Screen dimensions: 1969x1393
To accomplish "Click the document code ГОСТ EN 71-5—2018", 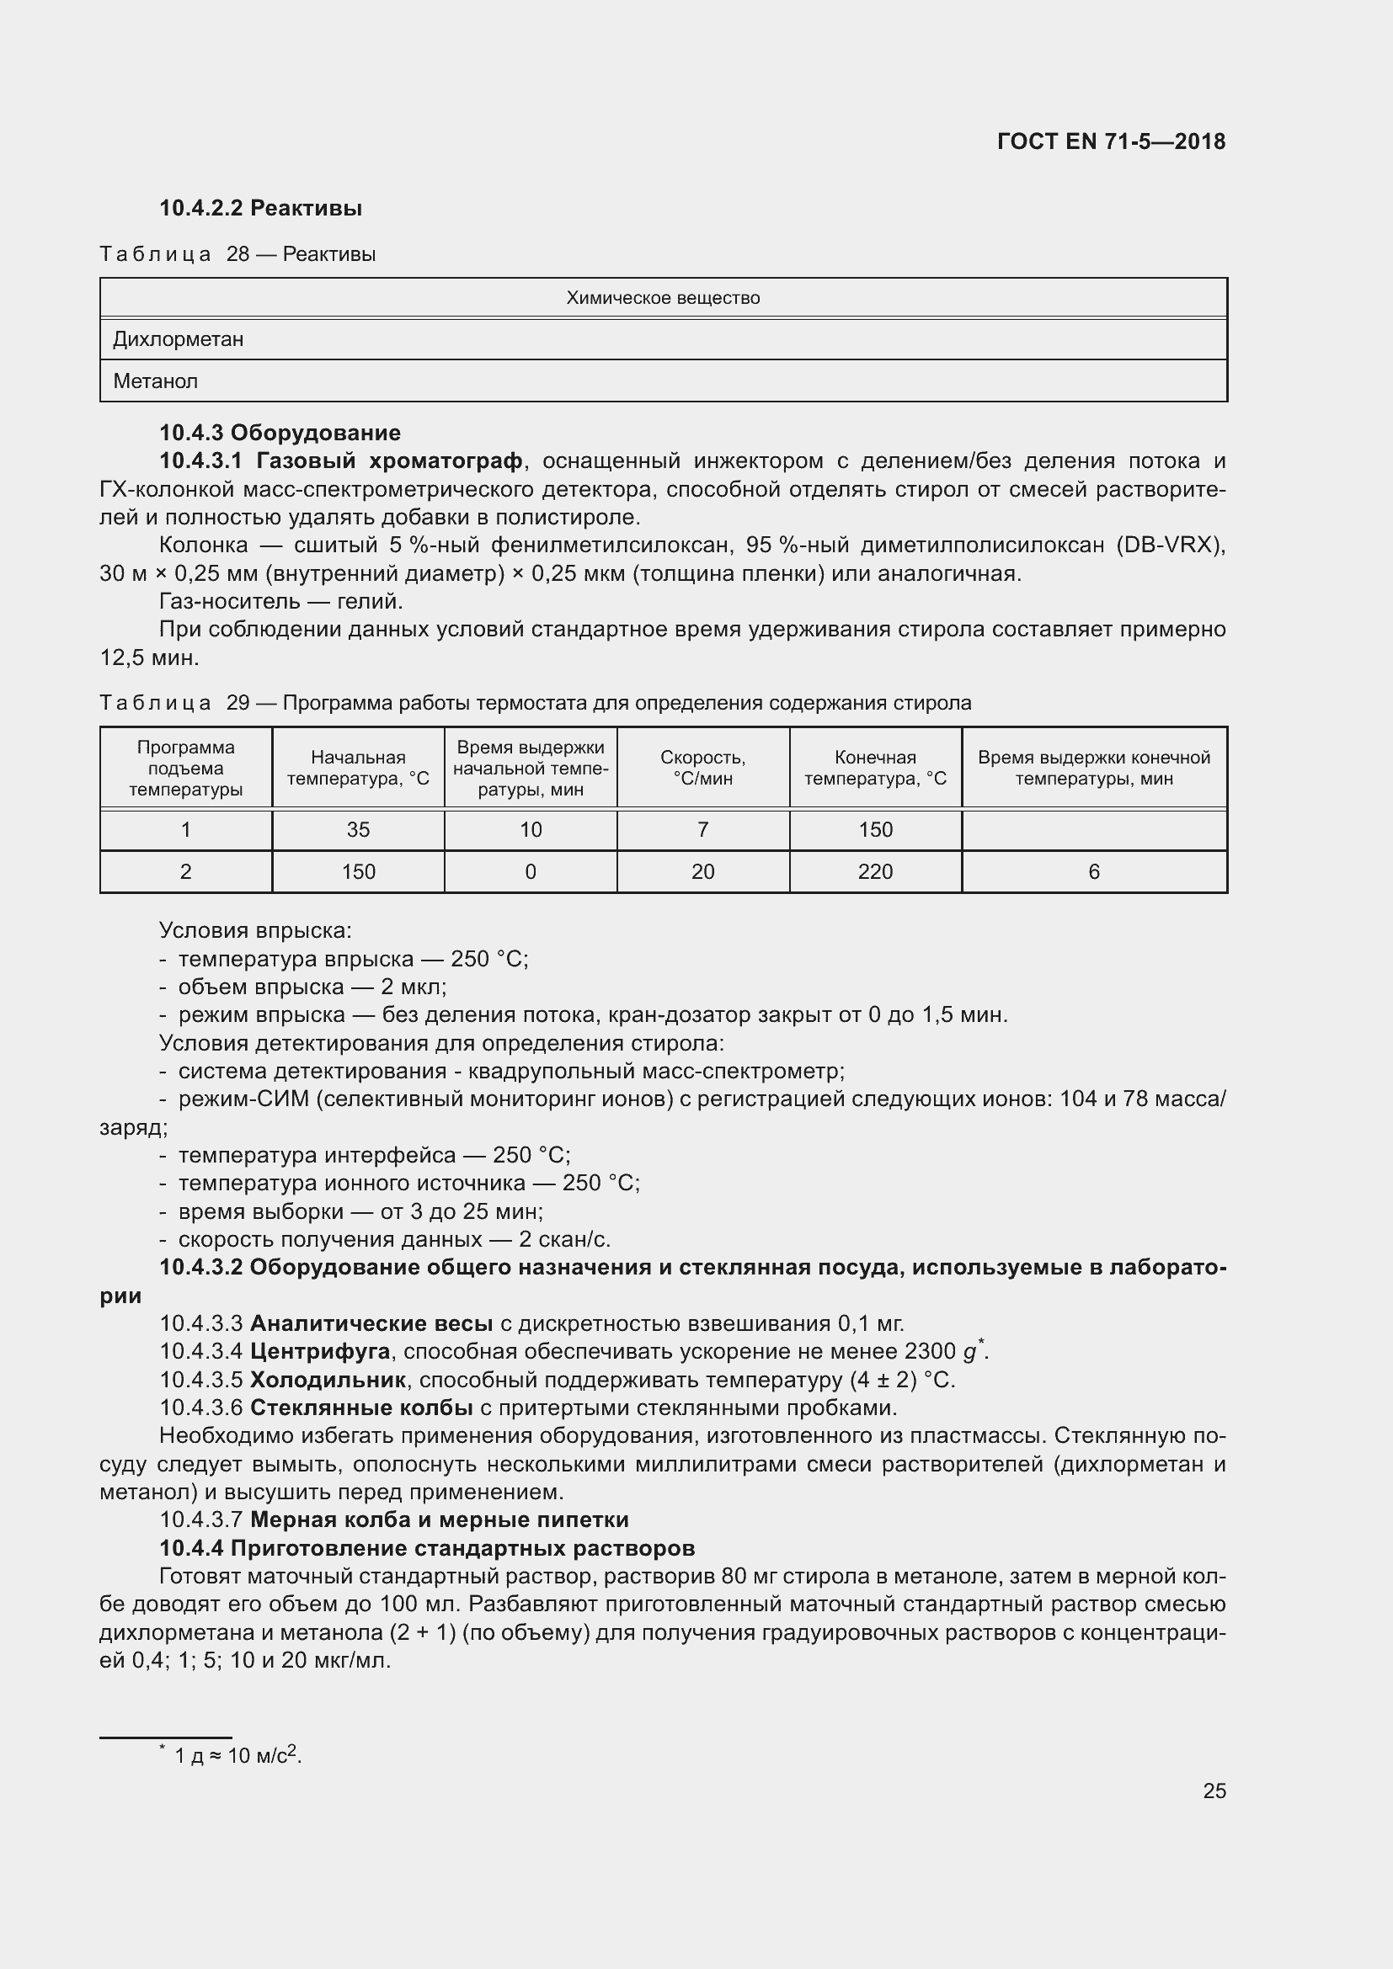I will [x=1111, y=141].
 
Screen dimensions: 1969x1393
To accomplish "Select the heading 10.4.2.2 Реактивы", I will [x=261, y=208].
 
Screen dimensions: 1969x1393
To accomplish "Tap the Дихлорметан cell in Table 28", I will [x=179, y=339].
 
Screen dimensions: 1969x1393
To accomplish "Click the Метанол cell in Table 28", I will [x=155, y=380].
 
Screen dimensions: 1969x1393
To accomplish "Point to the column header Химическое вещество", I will [x=662, y=299].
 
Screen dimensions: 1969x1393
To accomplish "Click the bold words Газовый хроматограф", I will [x=389, y=461].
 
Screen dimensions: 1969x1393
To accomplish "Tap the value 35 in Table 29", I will [x=358, y=829].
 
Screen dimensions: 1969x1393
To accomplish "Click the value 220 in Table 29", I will [x=875, y=871].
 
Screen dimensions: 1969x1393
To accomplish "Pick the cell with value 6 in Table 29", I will [x=1094, y=871].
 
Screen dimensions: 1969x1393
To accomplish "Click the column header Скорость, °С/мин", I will [x=702, y=768].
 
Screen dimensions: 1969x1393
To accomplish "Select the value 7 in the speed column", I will [x=702, y=829].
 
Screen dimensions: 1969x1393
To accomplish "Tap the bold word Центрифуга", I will [x=320, y=1352].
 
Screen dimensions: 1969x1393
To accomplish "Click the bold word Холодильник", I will [x=328, y=1380].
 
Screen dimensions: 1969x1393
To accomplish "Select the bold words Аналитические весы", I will [x=371, y=1323].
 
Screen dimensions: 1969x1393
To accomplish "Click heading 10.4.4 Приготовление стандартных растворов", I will [x=426, y=1548].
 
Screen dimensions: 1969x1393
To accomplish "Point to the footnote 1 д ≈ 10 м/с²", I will [x=236, y=1756].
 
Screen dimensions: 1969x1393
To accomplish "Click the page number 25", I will [x=1214, y=1790].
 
